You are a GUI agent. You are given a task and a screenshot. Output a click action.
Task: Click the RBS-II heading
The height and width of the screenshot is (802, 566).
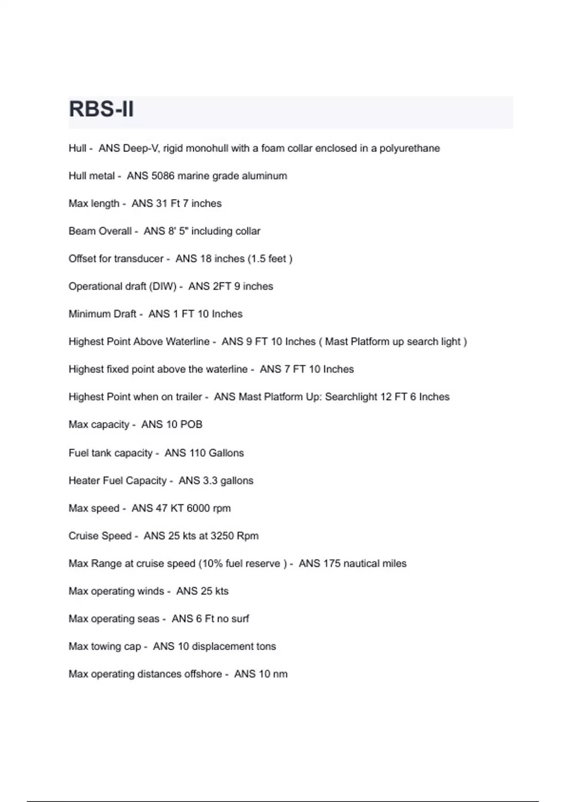[x=101, y=109]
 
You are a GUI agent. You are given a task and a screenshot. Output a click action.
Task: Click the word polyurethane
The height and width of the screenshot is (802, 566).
[x=409, y=148]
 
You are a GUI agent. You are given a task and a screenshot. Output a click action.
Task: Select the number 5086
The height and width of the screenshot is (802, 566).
[x=163, y=176]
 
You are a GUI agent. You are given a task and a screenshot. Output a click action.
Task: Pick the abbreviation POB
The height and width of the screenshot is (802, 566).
[x=191, y=425]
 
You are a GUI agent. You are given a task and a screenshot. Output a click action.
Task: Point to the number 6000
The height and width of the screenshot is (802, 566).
[x=198, y=508]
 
